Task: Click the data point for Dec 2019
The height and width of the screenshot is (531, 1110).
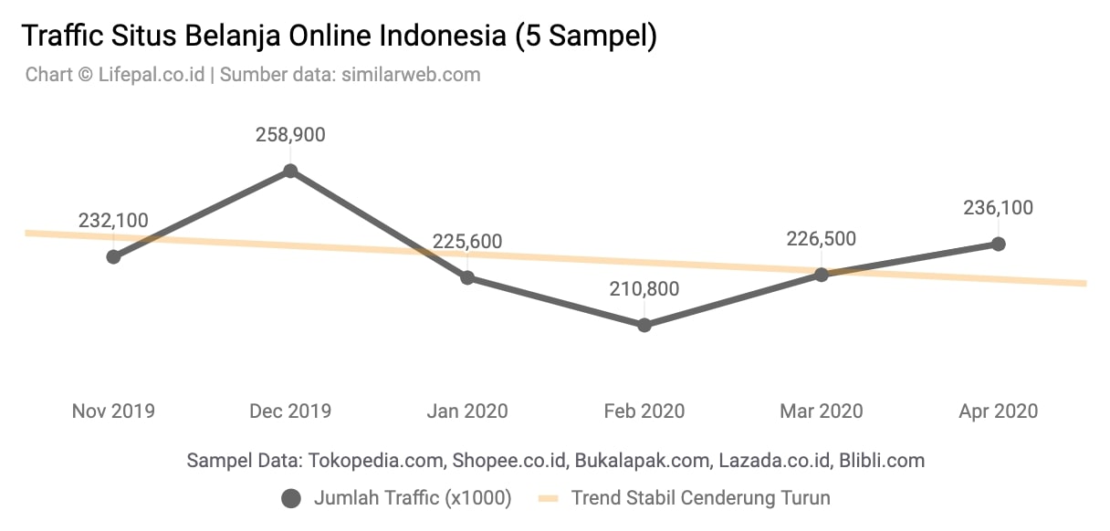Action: (290, 171)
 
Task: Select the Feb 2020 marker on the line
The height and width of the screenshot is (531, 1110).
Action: (644, 325)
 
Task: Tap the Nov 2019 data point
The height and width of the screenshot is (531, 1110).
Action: (113, 256)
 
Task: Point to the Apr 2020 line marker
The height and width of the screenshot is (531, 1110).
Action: (999, 244)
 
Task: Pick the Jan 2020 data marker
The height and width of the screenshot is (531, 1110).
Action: (467, 277)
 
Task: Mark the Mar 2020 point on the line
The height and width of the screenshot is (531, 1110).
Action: (822, 274)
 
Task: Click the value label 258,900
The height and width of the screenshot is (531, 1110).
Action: (290, 135)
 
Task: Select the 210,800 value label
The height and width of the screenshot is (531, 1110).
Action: (644, 289)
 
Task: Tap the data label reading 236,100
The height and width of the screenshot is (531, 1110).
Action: (999, 208)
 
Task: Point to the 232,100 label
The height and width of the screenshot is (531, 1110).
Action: (113, 221)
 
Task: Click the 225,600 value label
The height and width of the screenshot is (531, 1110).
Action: (467, 242)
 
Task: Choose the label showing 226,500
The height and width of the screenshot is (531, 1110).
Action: (822, 238)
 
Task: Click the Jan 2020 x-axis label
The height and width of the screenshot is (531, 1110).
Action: (467, 411)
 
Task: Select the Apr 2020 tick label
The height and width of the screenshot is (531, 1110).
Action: (999, 411)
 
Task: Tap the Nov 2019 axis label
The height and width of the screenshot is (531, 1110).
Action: (113, 411)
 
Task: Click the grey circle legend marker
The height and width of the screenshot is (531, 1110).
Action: (291, 498)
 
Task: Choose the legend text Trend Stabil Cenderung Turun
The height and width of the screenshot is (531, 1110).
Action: (700, 498)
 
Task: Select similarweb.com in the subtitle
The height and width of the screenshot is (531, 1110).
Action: (411, 75)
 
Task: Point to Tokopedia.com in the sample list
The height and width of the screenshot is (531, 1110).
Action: (377, 460)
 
